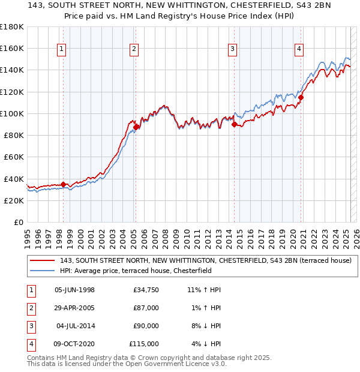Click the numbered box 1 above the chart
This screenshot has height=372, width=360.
pyautogui.click(x=63, y=49)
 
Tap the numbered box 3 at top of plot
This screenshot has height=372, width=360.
pyautogui.click(x=232, y=49)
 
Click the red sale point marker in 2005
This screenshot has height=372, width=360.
pyautogui.click(x=136, y=127)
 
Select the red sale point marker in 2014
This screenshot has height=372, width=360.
pyautogui.click(x=234, y=124)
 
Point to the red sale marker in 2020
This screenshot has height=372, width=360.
pyautogui.click(x=301, y=97)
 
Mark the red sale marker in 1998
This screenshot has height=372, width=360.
pyautogui.click(x=64, y=184)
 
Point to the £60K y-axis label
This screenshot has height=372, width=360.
pyautogui.click(x=14, y=157)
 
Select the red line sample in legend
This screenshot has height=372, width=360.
pyautogui.click(x=42, y=260)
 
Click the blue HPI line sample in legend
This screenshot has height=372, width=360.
pyautogui.click(x=42, y=271)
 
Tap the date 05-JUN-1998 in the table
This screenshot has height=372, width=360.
pyautogui.click(x=74, y=290)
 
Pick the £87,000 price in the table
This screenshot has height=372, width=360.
pyautogui.click(x=146, y=308)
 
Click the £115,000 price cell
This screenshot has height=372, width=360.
pyautogui.click(x=145, y=344)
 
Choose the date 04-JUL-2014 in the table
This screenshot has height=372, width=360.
pyautogui.click(x=75, y=326)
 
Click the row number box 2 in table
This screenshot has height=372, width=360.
pyautogui.click(x=31, y=308)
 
